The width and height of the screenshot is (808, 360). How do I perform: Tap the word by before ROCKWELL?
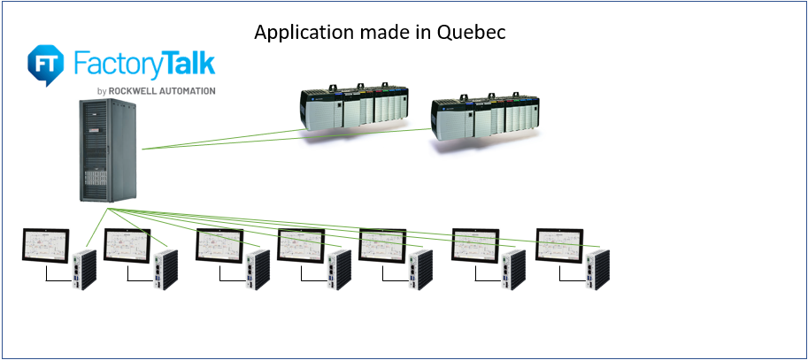(102, 91)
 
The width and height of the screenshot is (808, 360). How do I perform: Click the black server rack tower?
(106, 152)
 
